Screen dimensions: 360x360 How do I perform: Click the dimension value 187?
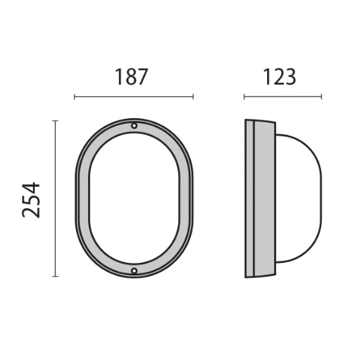[x=132, y=76]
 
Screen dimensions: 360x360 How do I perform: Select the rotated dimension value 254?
[x=31, y=199]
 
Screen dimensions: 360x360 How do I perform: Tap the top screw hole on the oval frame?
[x=134, y=126]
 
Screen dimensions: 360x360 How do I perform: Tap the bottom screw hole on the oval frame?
[x=134, y=271]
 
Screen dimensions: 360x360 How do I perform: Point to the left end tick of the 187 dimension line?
[x=74, y=96]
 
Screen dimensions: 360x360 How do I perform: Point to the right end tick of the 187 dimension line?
[x=193, y=96]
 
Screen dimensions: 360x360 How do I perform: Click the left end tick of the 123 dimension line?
[x=244, y=96]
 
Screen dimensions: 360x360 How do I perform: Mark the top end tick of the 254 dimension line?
[x=55, y=120]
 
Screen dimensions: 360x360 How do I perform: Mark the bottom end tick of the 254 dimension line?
[x=55, y=277]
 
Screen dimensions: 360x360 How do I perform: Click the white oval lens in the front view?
[x=134, y=199]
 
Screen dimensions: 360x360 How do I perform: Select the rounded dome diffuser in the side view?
[x=299, y=199]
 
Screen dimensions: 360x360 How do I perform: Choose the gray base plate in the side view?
[x=261, y=199]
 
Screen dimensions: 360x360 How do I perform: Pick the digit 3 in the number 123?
[x=289, y=76]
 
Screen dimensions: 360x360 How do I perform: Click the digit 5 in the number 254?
[x=31, y=199]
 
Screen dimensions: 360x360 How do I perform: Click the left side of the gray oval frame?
[x=81, y=199]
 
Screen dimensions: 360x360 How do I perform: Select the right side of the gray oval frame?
[x=186, y=199]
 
